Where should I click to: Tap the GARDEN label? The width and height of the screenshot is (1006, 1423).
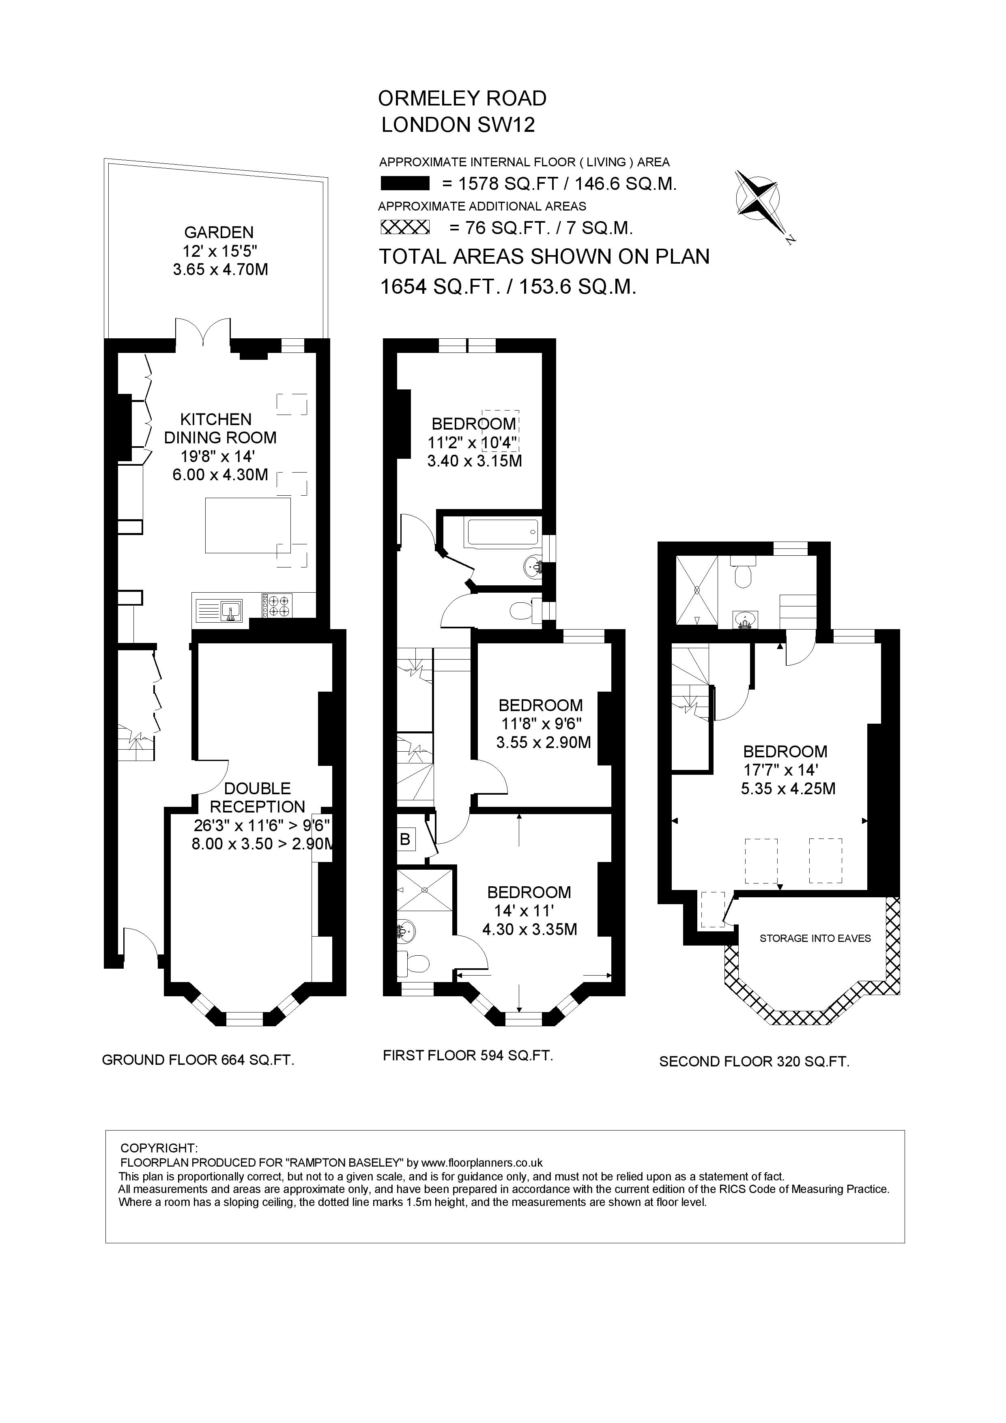219,232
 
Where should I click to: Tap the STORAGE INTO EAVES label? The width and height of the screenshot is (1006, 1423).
815,938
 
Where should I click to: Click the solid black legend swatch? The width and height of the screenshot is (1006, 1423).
405,183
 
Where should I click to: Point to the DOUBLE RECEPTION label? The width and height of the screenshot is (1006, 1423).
257,797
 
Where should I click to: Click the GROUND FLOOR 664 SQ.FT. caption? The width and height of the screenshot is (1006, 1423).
198,1060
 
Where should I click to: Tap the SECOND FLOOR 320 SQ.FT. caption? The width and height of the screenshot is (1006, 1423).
754,1062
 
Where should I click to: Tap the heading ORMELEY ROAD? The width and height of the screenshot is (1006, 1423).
462,98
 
